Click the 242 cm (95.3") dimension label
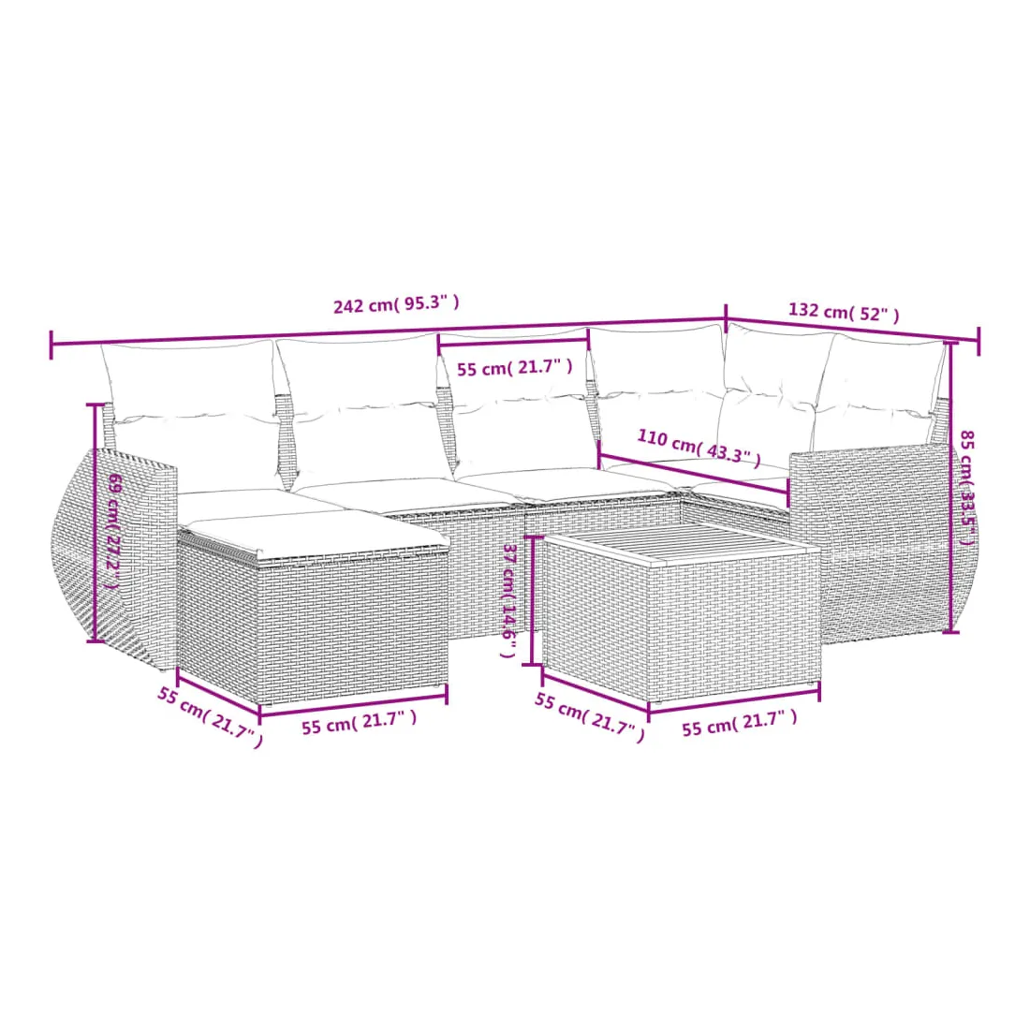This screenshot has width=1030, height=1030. (396, 304)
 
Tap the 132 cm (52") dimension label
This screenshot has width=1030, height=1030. (844, 312)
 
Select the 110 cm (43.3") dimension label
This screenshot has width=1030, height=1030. (699, 448)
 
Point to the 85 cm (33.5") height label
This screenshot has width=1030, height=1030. (966, 487)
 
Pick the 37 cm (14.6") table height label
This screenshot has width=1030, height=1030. (509, 600)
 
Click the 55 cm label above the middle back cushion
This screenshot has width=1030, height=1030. (514, 367)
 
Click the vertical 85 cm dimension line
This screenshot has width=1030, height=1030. (950, 488)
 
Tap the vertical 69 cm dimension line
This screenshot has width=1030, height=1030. (96, 522)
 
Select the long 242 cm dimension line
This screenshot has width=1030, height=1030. (389, 332)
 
